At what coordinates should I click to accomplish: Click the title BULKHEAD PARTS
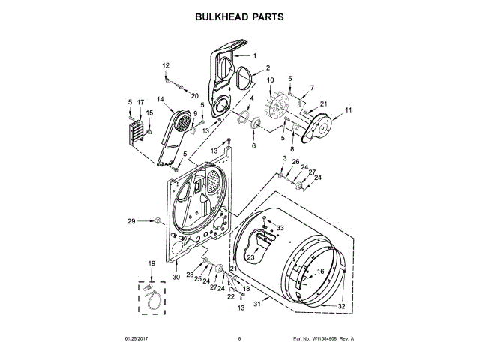tap(239, 16)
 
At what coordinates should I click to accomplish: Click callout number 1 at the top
tap(254, 56)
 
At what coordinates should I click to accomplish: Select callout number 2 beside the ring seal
tap(268, 68)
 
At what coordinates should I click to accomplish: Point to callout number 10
tap(270, 80)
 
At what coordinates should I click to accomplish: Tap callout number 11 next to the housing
tap(348, 110)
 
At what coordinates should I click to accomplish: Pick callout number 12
tap(166, 66)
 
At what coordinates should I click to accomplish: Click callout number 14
tap(160, 99)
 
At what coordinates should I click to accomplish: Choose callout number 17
tap(140, 102)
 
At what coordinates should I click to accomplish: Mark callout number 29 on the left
tap(130, 221)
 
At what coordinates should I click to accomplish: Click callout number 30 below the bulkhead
tap(176, 277)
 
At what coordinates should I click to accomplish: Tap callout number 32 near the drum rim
tap(340, 306)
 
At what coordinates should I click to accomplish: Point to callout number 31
tap(256, 304)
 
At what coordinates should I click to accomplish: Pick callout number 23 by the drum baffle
tap(250, 257)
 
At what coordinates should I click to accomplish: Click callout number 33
tap(280, 227)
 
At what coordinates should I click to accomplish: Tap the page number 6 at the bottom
tap(239, 339)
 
